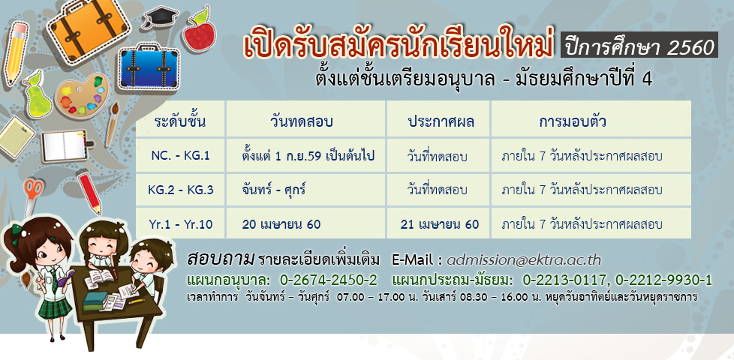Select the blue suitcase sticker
click(x=149, y=67)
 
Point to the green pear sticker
click(x=38, y=95)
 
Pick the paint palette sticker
click(x=83, y=95)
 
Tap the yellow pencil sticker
click(x=16, y=52)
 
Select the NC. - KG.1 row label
click(x=180, y=156)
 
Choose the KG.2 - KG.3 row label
click(x=180, y=190)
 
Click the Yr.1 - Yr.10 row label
click(x=180, y=224)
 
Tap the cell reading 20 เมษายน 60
click(x=281, y=224)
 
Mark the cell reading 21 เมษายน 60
click(x=440, y=224)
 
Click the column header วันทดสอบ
click(x=302, y=121)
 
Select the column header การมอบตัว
click(x=573, y=121)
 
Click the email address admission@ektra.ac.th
click(x=523, y=260)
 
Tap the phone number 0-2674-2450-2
click(x=328, y=280)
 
